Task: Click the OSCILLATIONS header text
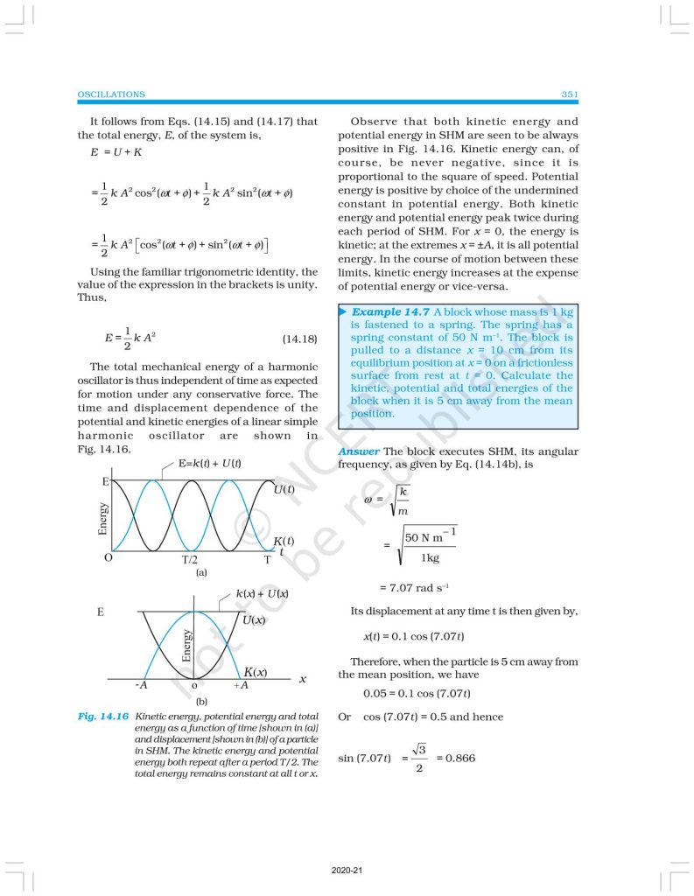111,94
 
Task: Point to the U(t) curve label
284,490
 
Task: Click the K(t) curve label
283,542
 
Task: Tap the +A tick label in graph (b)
241,685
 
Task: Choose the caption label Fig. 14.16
103,716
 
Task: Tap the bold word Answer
358,451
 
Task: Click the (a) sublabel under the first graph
201,572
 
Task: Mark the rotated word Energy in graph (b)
186,645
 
